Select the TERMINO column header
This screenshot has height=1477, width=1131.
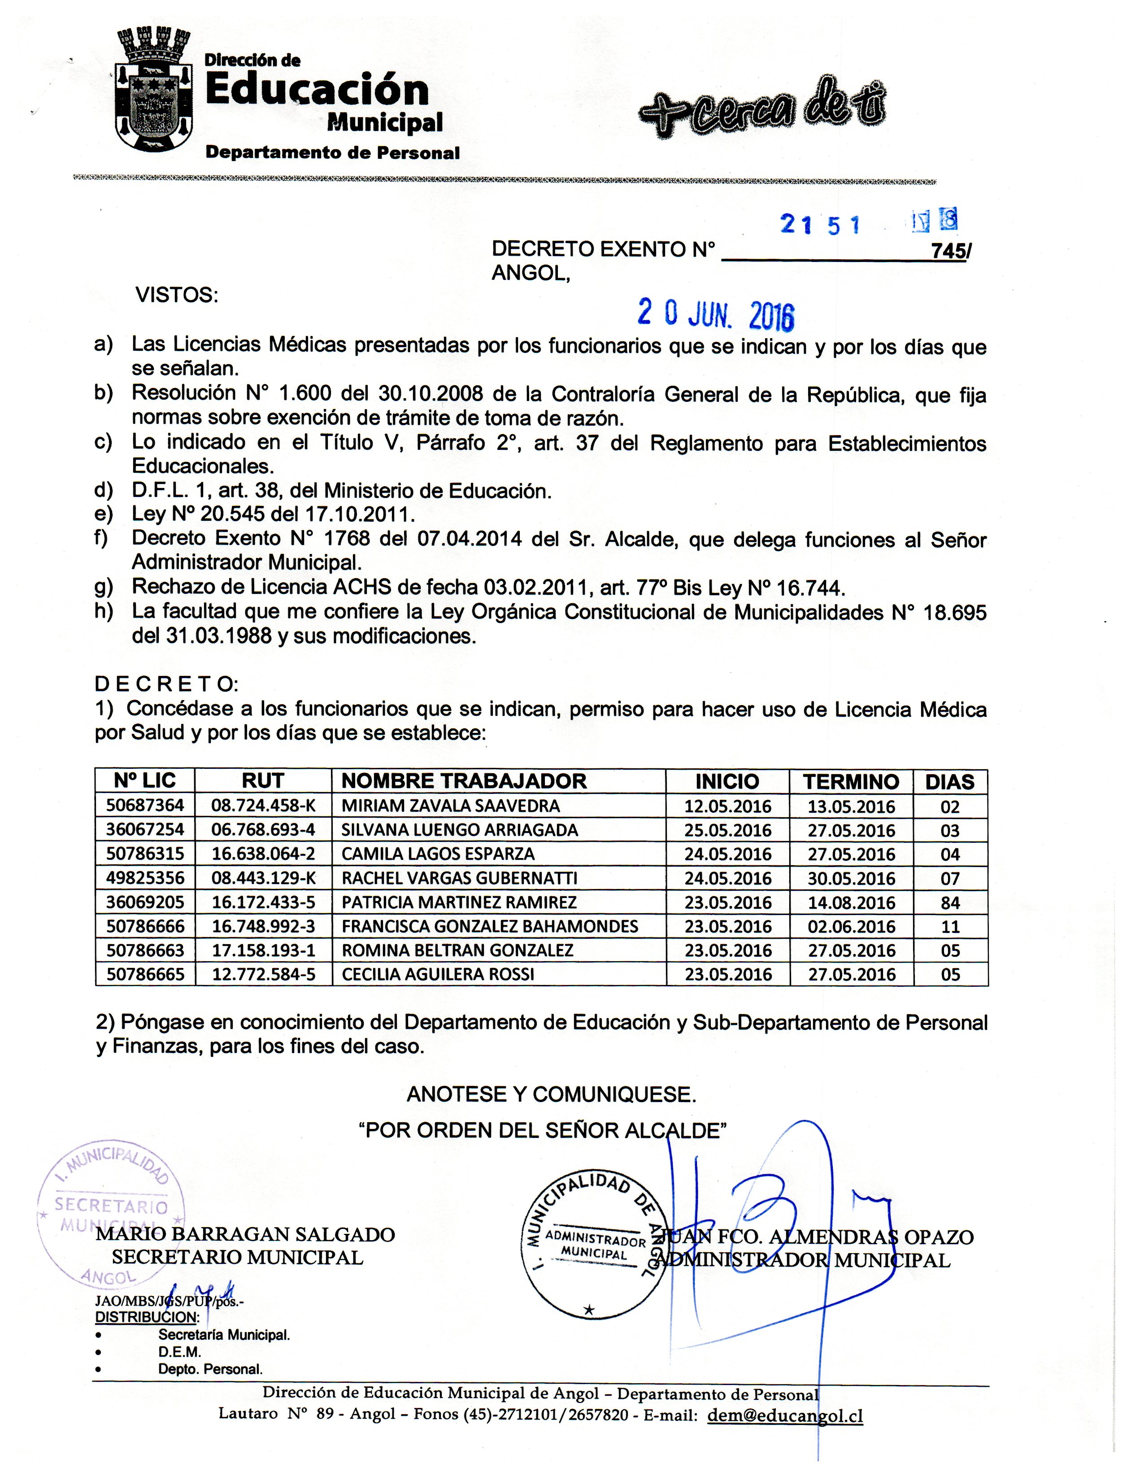(851, 782)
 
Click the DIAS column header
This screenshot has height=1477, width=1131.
(950, 782)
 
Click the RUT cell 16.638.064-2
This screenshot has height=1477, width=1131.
(263, 854)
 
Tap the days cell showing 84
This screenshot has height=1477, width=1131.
(950, 903)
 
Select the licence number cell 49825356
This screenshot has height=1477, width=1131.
(145, 879)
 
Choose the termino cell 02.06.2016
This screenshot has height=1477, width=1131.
(852, 927)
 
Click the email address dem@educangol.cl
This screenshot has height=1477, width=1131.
(785, 1416)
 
